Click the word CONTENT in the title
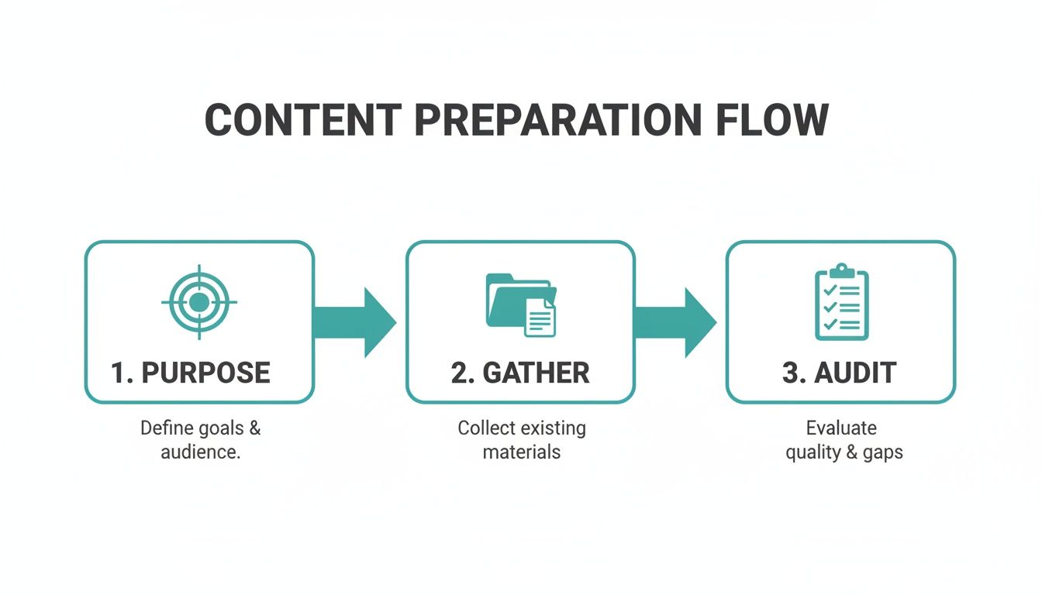click(302, 121)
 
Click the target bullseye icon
click(199, 301)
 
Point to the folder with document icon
click(520, 304)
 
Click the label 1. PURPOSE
click(190, 373)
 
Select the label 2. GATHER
click(520, 373)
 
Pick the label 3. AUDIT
click(840, 373)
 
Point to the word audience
click(200, 451)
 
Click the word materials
click(522, 451)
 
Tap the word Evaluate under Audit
click(841, 428)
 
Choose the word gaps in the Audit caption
click(882, 452)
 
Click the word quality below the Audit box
click(812, 452)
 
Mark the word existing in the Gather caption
click(554, 428)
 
